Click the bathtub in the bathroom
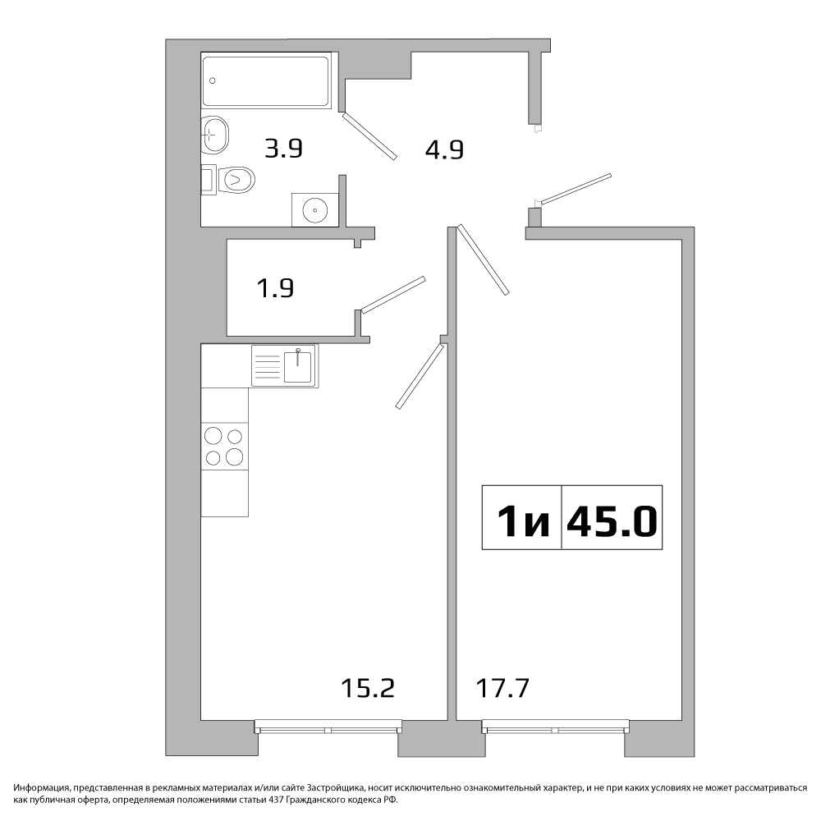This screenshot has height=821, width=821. coord(267,80)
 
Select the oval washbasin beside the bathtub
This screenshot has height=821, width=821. coord(215,135)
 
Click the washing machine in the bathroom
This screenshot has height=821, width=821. coord(315,209)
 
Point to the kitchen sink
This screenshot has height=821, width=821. coord(285,365)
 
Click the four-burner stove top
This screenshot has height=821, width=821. coord(224,446)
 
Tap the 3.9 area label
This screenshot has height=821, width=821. coord(284,149)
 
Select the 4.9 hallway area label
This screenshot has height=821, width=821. coord(444,150)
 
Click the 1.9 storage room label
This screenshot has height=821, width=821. coord(275,288)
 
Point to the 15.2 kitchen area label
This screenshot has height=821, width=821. coord(368,688)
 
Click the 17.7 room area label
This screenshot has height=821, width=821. coord(502,688)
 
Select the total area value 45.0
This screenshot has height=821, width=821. coord(611,522)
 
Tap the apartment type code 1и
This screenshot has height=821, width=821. coord(523,522)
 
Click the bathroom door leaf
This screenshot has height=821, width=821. coord(369,136)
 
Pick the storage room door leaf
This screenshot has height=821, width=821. coord(393,295)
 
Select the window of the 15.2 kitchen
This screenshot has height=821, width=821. coord(328,727)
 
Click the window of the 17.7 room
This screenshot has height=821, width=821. coord(555,727)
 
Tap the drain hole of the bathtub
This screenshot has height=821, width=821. coord(213,80)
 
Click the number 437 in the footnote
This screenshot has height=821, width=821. coord(276,800)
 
